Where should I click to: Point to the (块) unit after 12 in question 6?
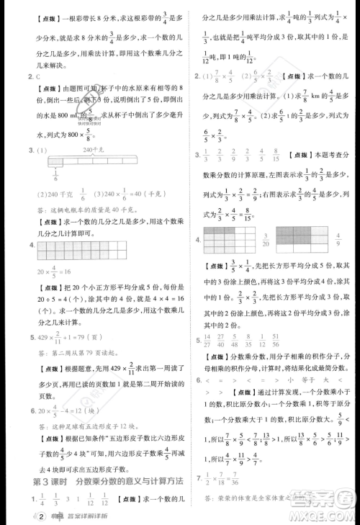[x=93, y=412]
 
